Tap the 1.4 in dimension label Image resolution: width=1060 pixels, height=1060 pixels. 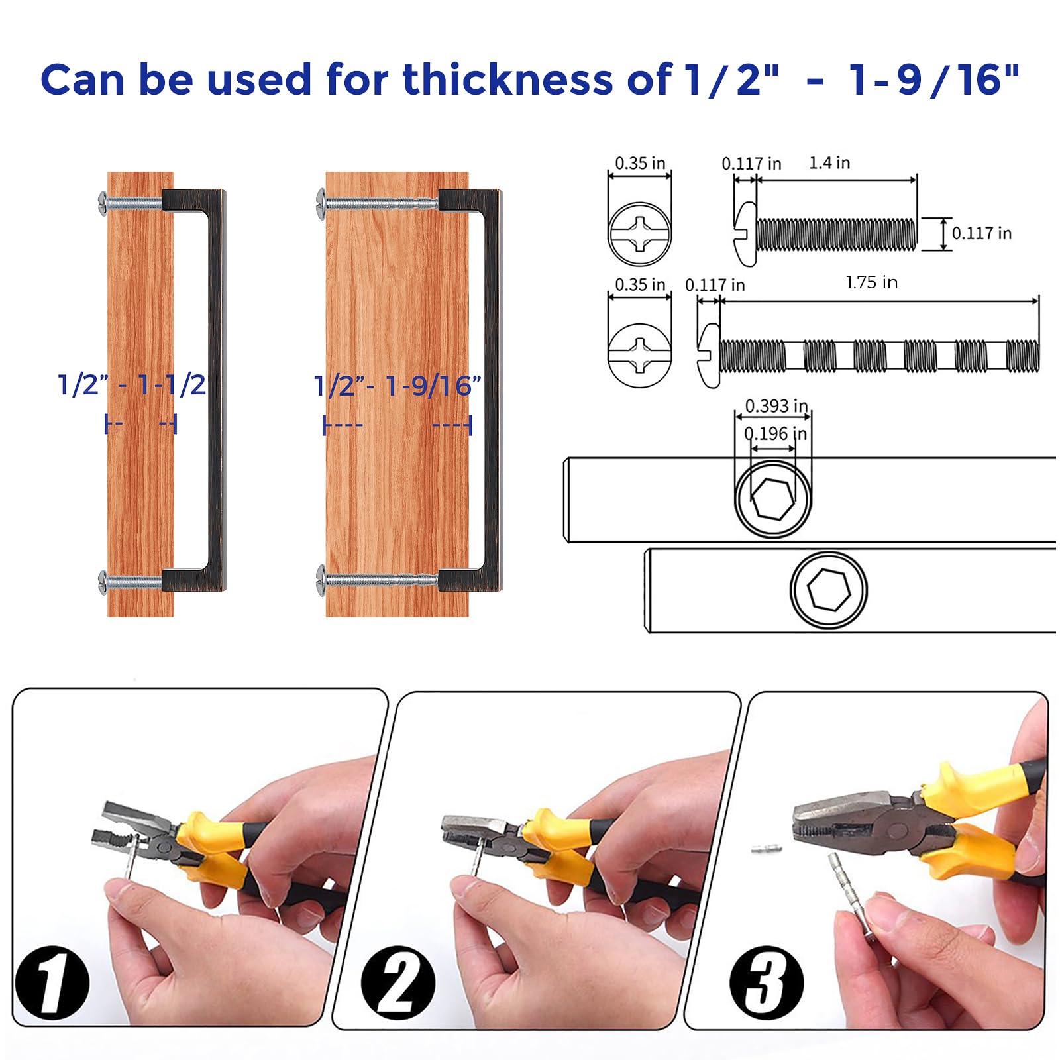(x=829, y=163)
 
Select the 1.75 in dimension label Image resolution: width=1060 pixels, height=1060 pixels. (x=871, y=282)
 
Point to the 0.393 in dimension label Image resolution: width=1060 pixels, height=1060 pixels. (x=776, y=405)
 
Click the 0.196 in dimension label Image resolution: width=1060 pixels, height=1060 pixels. (x=776, y=434)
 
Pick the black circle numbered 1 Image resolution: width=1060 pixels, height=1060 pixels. (x=52, y=982)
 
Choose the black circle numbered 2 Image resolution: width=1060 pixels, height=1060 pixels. (x=398, y=982)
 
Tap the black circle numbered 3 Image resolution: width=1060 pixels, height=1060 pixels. (x=767, y=982)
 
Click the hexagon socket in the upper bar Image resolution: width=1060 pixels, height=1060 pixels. (x=772, y=499)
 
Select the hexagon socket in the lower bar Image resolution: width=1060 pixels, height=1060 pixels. (x=829, y=590)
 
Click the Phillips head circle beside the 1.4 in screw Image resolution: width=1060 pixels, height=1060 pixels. (x=640, y=234)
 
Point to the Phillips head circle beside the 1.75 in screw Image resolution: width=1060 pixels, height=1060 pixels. (x=640, y=354)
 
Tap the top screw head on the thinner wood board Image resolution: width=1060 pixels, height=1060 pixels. (x=103, y=203)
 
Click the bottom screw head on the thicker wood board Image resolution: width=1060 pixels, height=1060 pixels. (x=321, y=580)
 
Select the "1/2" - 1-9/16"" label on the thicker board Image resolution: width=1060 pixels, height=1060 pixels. (x=397, y=386)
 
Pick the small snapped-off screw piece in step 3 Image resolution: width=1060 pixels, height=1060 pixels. (x=767, y=848)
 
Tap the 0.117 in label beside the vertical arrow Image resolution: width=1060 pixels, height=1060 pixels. (x=982, y=233)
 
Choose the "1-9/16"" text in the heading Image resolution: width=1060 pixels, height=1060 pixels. (x=934, y=79)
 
